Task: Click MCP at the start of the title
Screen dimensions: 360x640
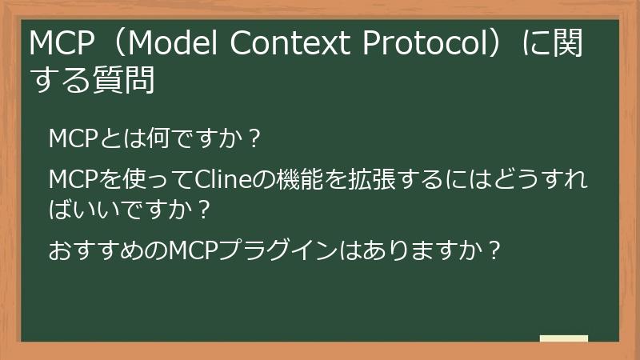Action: click(55, 46)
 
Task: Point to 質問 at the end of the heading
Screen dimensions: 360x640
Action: click(127, 82)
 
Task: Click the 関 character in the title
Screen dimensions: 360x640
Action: click(571, 46)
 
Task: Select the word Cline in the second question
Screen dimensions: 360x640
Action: click(219, 178)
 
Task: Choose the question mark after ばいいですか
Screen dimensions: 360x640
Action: click(205, 210)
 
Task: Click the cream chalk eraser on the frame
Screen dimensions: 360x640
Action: click(563, 338)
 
